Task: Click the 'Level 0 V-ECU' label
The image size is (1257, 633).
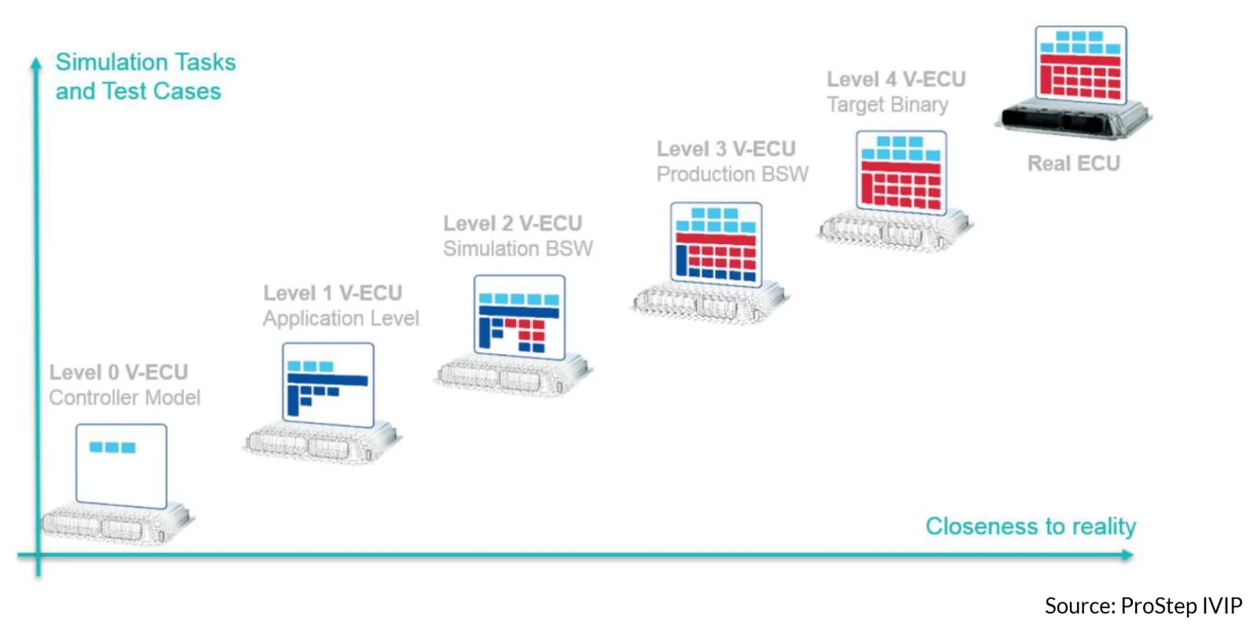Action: coord(119,372)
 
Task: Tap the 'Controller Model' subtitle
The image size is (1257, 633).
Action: coord(125,397)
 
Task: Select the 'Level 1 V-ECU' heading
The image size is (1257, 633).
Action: coord(333,293)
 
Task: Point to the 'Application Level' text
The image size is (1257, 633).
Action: coord(341,318)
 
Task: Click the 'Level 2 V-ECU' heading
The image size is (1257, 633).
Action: coord(513,223)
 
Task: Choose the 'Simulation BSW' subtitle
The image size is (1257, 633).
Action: coord(518,249)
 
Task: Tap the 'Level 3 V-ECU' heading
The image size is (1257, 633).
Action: coord(726,148)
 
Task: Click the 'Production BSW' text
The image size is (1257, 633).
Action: coord(732,174)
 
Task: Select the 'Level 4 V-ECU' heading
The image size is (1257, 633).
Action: coord(896,79)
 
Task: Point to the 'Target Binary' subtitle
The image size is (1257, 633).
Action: coord(888,104)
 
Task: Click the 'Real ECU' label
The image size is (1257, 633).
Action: coord(1073,163)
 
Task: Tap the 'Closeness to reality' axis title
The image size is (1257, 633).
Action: coord(1031,526)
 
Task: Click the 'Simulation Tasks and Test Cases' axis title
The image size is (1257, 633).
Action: coord(145,76)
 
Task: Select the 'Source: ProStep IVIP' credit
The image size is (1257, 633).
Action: coord(1143,606)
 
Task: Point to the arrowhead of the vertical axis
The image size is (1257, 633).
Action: coord(36,63)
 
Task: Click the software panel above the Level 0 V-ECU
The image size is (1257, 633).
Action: coord(121,467)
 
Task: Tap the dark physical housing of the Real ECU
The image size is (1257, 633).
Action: coord(1073,119)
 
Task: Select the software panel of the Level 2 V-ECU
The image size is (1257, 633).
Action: coord(519,317)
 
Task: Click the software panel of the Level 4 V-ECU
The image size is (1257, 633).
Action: coord(901,173)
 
